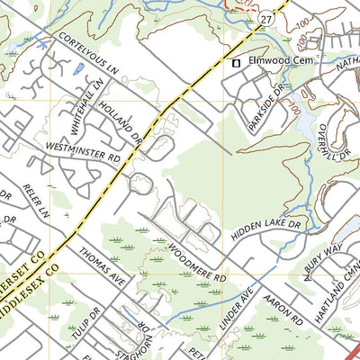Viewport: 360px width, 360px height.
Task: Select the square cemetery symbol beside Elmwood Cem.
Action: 237,63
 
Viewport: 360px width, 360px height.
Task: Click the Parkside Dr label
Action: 265,111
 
